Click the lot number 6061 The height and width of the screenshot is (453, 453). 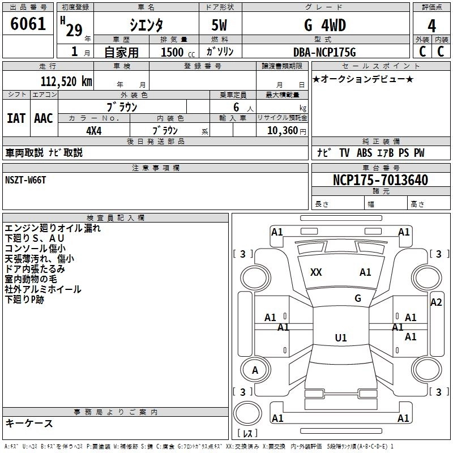click(x=28, y=25)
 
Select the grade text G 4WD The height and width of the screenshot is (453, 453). click(x=324, y=25)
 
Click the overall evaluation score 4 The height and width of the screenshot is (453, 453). click(x=432, y=25)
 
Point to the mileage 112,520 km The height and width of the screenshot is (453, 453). click(x=66, y=81)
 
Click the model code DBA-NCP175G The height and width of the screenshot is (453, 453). click(x=324, y=52)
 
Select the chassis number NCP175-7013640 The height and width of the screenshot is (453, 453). click(x=381, y=180)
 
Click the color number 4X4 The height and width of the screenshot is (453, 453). click(x=94, y=130)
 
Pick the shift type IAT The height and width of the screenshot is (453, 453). click(x=16, y=118)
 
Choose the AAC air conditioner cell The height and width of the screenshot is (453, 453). click(x=43, y=118)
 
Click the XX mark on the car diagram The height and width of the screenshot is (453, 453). click(x=316, y=272)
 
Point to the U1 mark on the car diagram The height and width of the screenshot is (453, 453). click(x=340, y=338)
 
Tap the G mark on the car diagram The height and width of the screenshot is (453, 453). click(x=358, y=298)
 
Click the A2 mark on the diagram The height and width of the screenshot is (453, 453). click(x=435, y=302)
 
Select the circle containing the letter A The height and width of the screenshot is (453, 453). click(x=255, y=370)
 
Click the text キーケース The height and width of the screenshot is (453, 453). click(x=29, y=423)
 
